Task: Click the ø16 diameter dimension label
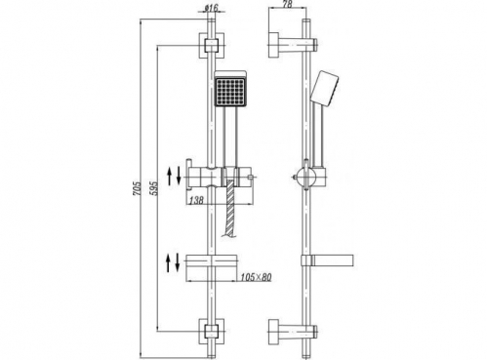[212, 7]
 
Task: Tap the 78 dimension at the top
[287, 4]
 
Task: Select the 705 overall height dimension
[138, 188]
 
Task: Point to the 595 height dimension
[155, 188]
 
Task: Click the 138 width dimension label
[196, 200]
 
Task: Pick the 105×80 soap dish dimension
[256, 277]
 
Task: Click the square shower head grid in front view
[230, 90]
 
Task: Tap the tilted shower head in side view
[324, 87]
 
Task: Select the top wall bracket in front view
[212, 46]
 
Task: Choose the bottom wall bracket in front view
[212, 332]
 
